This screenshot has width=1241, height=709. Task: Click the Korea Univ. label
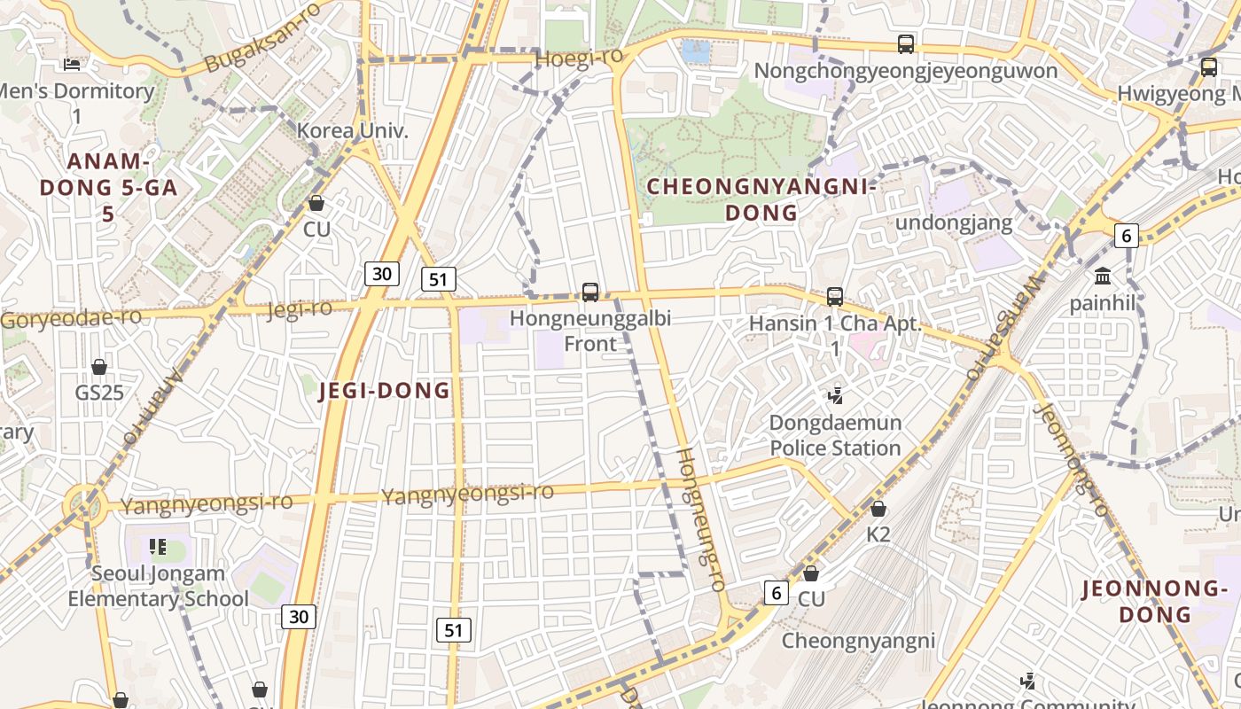coord(352,131)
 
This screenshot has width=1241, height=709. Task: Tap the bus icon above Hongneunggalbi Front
coord(590,292)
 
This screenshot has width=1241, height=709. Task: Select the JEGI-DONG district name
coord(384,391)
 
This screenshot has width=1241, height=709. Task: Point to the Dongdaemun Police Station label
coord(835,435)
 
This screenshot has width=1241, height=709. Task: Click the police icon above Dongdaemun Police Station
coord(834,394)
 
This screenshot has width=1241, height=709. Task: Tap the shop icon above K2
coord(878,509)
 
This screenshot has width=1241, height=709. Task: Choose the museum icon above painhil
coord(1103,276)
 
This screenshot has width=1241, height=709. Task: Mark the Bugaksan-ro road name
coord(261,38)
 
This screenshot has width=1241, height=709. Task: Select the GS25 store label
coord(99,393)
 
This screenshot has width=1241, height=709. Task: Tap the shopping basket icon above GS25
coord(99,367)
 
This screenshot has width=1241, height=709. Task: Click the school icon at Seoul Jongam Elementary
coord(158,547)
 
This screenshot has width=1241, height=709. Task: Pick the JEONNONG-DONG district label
coord(1154,601)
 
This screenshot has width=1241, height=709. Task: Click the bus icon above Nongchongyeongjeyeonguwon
coord(905,43)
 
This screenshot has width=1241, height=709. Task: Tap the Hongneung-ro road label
coord(701,518)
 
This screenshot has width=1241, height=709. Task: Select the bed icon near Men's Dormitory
coord(72,64)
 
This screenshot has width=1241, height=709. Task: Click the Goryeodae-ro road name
coord(71,318)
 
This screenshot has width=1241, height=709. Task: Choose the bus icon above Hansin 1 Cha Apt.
coord(834,297)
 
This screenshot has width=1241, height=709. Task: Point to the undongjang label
coord(953,222)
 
